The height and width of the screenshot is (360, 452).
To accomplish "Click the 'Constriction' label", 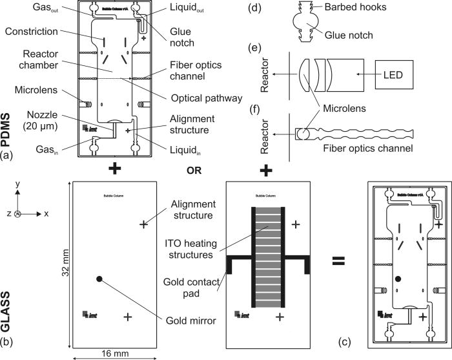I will (39, 32).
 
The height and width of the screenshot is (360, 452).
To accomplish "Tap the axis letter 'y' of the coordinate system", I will (20, 184).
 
